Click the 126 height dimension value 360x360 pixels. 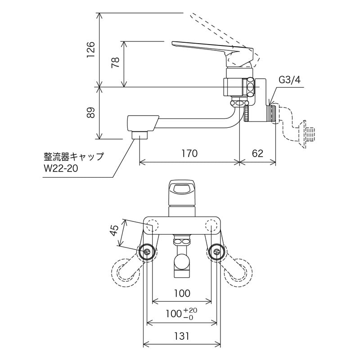coord(90,49)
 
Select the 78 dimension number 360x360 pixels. coord(115,63)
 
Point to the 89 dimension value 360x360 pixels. coord(90,112)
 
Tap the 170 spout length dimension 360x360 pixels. coord(189,153)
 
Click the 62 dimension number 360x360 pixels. coord(257,153)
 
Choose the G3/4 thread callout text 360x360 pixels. coord(289,80)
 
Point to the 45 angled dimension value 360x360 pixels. coord(114,230)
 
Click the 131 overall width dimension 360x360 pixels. coord(182,336)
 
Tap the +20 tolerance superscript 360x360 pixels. coord(192,310)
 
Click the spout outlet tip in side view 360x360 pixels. coord(139,134)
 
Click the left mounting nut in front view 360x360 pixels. coord(147,252)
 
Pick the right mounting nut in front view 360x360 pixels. coord(217,252)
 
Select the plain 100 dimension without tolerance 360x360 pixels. coord(182,293)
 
